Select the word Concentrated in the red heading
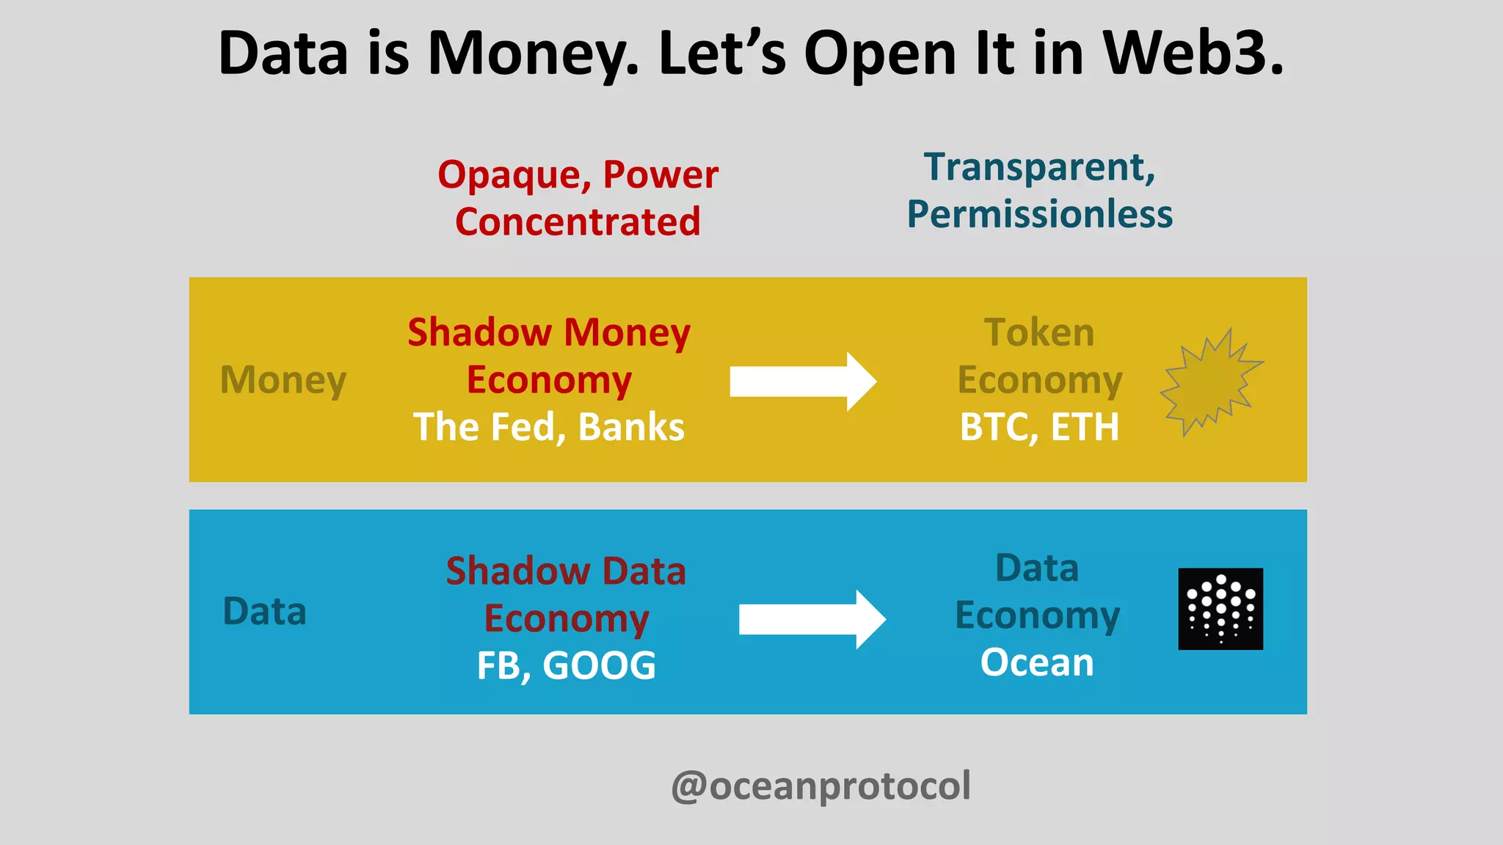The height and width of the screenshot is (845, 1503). tap(578, 222)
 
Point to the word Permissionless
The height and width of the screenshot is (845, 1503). tap(1039, 214)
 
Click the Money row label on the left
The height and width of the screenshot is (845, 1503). tap(283, 380)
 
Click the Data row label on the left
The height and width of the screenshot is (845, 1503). tap(264, 612)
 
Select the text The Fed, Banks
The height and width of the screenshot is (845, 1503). tap(549, 427)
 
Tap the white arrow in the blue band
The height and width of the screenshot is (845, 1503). tap(812, 620)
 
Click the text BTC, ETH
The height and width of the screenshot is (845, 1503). tap(1039, 427)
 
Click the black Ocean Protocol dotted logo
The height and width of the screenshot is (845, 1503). tap(1220, 609)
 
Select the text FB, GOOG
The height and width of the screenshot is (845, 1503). tap(566, 666)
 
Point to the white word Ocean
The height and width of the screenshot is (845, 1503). tap(1037, 662)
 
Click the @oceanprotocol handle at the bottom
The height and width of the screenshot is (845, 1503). tap(820, 786)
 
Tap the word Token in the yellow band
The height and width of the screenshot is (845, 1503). tap(1039, 332)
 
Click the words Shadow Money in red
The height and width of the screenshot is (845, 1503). tap(549, 332)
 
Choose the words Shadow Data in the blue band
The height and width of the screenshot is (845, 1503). tap(566, 571)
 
